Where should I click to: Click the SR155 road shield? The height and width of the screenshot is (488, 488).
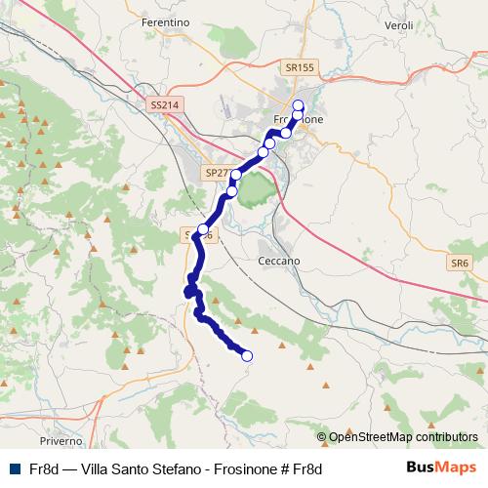[301, 67]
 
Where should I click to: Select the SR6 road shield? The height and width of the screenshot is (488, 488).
[460, 264]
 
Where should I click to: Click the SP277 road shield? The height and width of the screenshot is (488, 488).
[219, 172]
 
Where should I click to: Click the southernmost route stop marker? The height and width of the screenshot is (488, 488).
[246, 356]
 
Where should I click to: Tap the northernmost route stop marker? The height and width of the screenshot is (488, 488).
[299, 105]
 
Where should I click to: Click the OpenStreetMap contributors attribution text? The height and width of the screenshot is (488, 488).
[403, 437]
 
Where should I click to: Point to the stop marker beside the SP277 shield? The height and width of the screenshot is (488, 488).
[236, 175]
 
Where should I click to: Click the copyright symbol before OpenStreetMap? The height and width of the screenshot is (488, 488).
[322, 437]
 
